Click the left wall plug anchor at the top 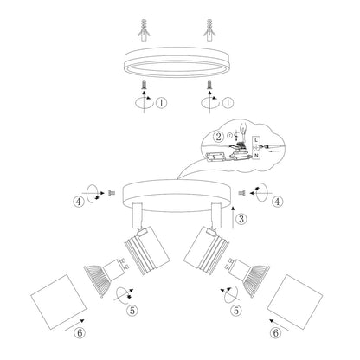(144, 31)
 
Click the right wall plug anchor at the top (209, 31)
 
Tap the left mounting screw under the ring (145, 85)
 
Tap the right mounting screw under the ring (209, 85)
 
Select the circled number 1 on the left (162, 102)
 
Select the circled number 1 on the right (228, 102)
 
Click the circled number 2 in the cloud (218, 137)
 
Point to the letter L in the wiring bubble (256, 140)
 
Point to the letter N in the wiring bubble (256, 156)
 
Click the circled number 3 (241, 219)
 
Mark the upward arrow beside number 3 (233, 217)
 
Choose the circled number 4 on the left (79, 202)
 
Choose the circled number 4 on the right (277, 202)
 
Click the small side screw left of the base (111, 193)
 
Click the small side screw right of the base (242, 193)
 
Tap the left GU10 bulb (106, 275)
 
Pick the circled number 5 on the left (132, 311)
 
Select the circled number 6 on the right (276, 333)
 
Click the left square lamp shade (59, 302)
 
